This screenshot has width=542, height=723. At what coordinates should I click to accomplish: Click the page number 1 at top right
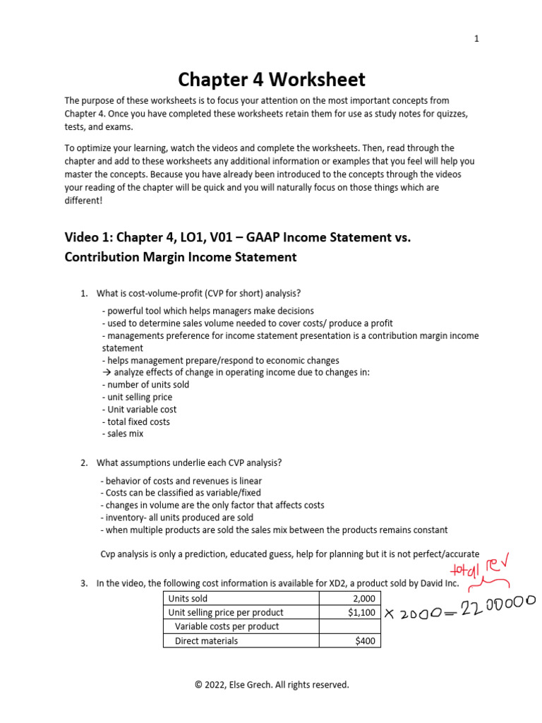[476, 39]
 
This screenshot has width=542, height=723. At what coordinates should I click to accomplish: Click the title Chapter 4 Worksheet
[271, 78]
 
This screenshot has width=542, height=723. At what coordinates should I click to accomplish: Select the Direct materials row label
[206, 641]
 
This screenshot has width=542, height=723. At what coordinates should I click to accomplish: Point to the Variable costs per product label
[227, 626]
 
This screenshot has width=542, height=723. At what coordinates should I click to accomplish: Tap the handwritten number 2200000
[489, 605]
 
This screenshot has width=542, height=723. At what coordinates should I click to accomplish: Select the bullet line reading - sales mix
[123, 434]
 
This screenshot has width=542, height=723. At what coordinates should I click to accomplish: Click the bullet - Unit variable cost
[139, 410]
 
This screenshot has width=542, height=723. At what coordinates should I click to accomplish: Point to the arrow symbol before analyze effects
[107, 373]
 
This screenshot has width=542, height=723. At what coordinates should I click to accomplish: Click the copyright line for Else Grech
[272, 684]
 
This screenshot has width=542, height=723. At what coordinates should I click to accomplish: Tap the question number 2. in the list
[84, 462]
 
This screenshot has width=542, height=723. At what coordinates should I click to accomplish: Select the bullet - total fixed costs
[135, 422]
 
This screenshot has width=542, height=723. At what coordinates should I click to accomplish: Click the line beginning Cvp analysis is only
[289, 554]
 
